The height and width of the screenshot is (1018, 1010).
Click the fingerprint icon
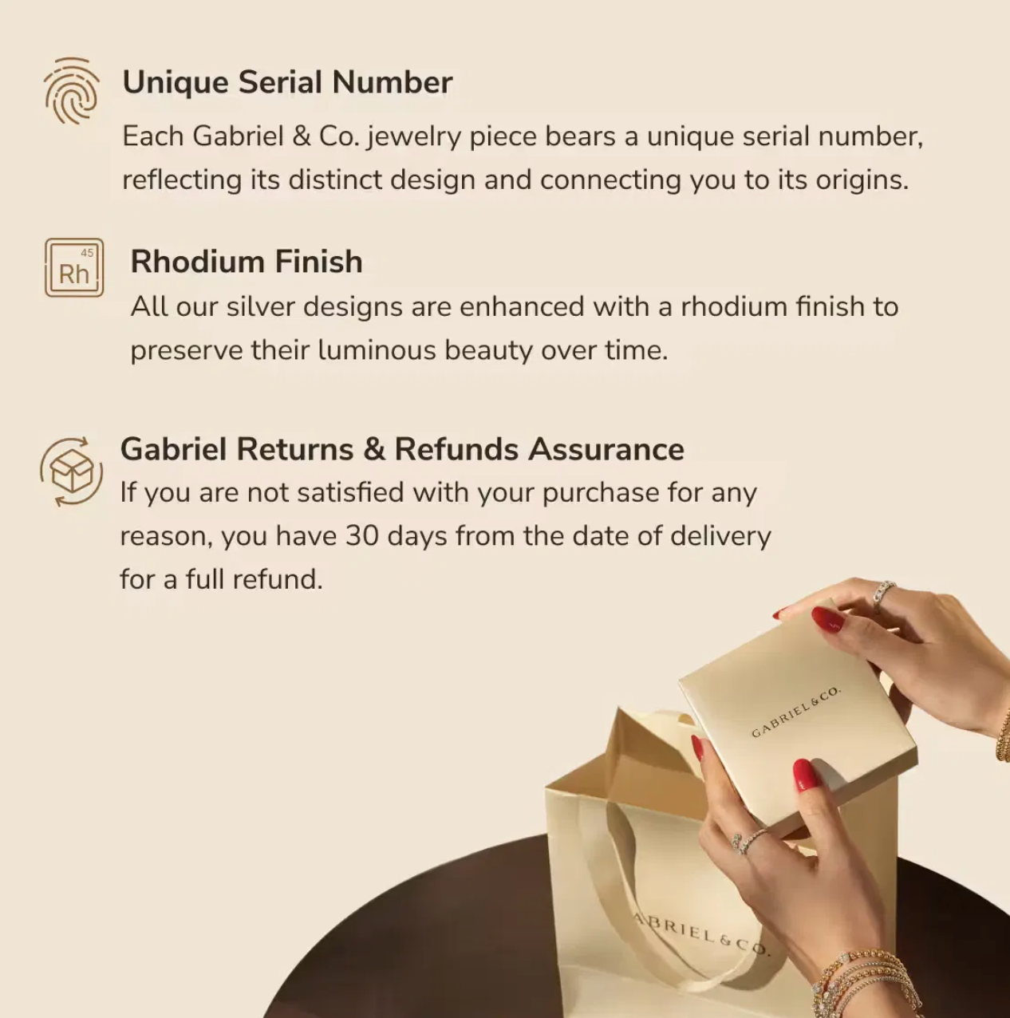[71, 91]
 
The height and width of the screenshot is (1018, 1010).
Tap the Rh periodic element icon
[74, 267]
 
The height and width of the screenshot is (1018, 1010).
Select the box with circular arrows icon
[71, 472]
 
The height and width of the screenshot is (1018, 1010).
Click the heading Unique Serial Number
[287, 83]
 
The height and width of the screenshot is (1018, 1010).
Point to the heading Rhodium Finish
[247, 262]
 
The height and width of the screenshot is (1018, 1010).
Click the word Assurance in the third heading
[606, 450]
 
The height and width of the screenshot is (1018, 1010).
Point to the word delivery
[721, 537]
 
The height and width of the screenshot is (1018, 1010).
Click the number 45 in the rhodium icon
[87, 253]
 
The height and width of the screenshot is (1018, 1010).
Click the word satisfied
[350, 492]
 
